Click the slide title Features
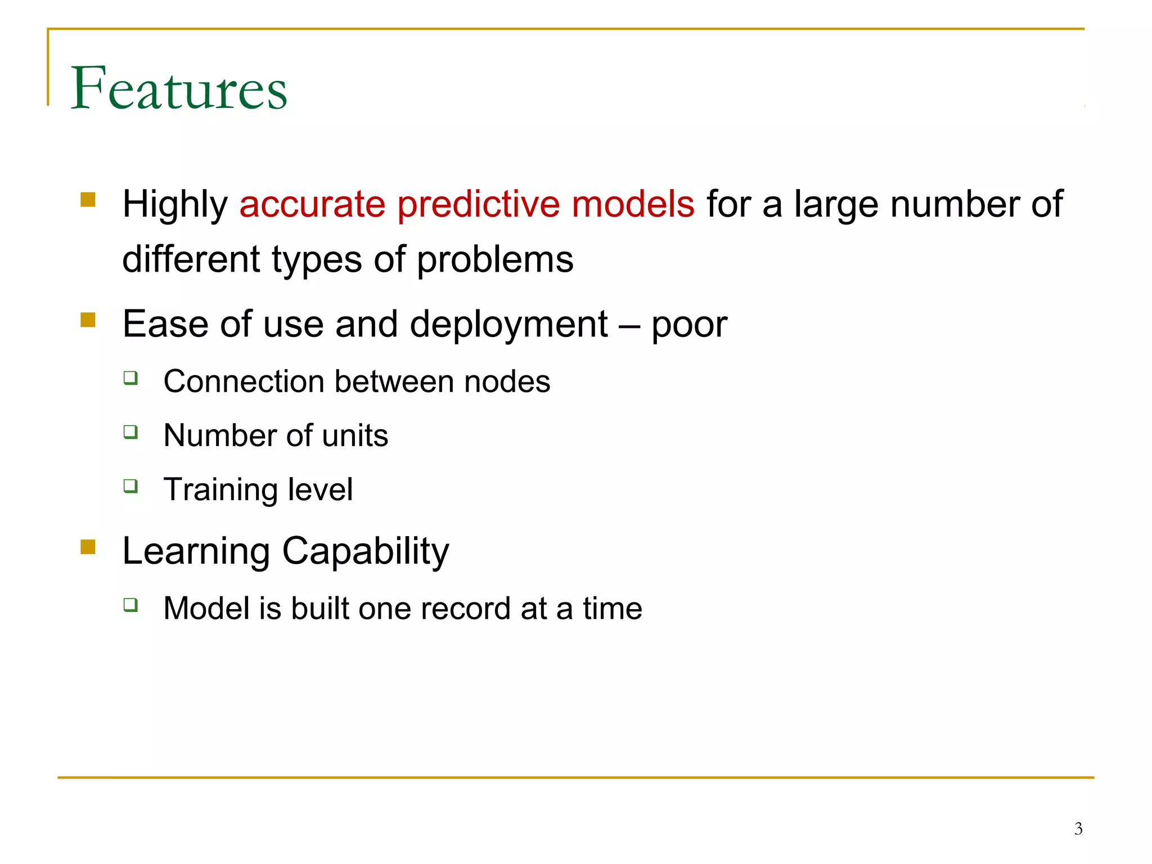pos(179,88)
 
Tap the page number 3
pos(1078,829)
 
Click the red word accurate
pos(312,204)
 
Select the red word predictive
pos(478,204)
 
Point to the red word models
pos(633,204)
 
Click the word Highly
pos(175,205)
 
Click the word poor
pos(689,326)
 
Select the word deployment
pos(508,326)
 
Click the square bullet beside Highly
pos(88,200)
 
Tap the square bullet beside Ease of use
pos(88,319)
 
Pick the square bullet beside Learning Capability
pos(88,547)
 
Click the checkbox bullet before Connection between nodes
pos(130,377)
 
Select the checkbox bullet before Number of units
pos(130,431)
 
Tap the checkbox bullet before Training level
pos(130,485)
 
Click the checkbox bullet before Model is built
pos(130,605)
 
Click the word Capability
pos(365,552)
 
